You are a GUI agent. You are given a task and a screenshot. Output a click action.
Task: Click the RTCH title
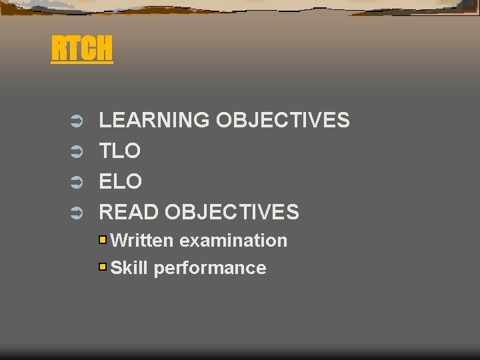[x=82, y=49]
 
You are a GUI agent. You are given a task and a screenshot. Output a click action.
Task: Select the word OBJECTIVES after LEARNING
[x=283, y=121]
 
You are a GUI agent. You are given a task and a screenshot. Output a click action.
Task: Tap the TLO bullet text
[x=120, y=151]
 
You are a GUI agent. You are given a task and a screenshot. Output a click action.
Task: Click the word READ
[x=129, y=213]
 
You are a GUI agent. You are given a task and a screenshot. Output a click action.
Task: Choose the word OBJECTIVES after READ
[x=232, y=213]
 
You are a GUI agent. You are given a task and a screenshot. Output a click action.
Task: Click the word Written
[x=142, y=241]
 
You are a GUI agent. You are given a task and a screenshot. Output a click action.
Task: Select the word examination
[x=233, y=241]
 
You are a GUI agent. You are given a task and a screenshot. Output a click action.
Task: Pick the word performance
[x=210, y=269]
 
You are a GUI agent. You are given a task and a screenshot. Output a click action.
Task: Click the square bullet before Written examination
[x=103, y=239]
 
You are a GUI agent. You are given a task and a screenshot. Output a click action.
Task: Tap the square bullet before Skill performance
[x=103, y=267]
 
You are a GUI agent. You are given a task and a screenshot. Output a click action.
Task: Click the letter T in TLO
[x=105, y=151]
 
